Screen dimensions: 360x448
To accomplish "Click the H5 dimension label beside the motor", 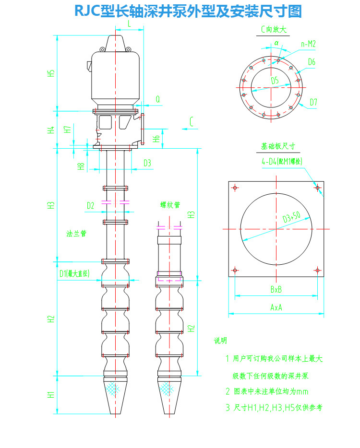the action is [x=51, y=73].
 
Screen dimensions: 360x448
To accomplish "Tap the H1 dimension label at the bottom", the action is [x=51, y=395].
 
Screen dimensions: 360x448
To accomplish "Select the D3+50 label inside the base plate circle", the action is [x=291, y=217].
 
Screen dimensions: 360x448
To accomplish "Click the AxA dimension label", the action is [x=276, y=307].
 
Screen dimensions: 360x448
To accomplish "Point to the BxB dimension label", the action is [x=276, y=290].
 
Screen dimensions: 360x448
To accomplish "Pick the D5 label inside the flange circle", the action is [x=275, y=81].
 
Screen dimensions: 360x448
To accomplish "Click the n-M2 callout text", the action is [x=308, y=44].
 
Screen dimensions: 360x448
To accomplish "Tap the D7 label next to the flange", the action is [x=313, y=102].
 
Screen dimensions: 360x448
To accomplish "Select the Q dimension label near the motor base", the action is [x=157, y=99].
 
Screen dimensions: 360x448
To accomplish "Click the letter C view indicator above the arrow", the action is [x=192, y=122].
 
